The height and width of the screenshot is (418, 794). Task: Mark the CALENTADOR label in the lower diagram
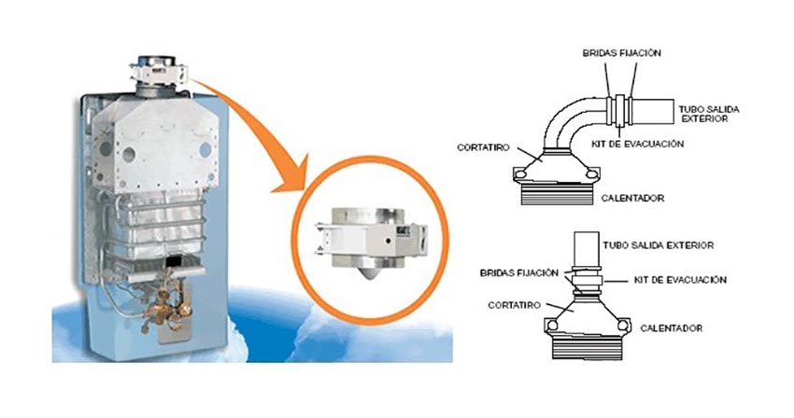tap(671, 328)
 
